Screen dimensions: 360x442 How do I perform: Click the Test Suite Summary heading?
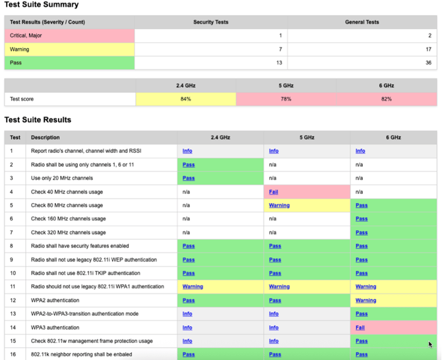point(41,5)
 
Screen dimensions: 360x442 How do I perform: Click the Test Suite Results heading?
point(38,120)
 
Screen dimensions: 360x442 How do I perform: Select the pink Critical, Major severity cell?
point(69,36)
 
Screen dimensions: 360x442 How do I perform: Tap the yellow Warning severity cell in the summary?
point(69,49)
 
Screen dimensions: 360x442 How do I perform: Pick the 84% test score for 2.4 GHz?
point(185,99)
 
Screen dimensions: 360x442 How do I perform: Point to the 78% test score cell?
point(286,99)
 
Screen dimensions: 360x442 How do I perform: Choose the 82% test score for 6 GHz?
point(386,99)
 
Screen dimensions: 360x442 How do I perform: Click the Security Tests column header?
point(210,22)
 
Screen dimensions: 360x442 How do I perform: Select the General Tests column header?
point(362,22)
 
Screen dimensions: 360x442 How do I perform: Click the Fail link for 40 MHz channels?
point(273,192)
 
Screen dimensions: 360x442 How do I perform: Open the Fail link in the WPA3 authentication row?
point(360,328)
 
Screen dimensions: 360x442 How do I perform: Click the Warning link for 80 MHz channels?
point(279,205)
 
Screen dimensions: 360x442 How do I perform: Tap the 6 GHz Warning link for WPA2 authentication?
point(365,300)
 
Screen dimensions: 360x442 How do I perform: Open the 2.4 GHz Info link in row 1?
point(187,151)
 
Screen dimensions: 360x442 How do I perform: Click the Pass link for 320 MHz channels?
point(362,232)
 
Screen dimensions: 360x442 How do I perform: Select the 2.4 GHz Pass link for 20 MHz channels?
point(189,178)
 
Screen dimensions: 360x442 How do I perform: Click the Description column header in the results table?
point(45,138)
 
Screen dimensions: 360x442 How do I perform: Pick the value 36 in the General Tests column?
point(428,63)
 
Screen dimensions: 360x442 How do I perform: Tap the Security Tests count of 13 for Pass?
point(279,63)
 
